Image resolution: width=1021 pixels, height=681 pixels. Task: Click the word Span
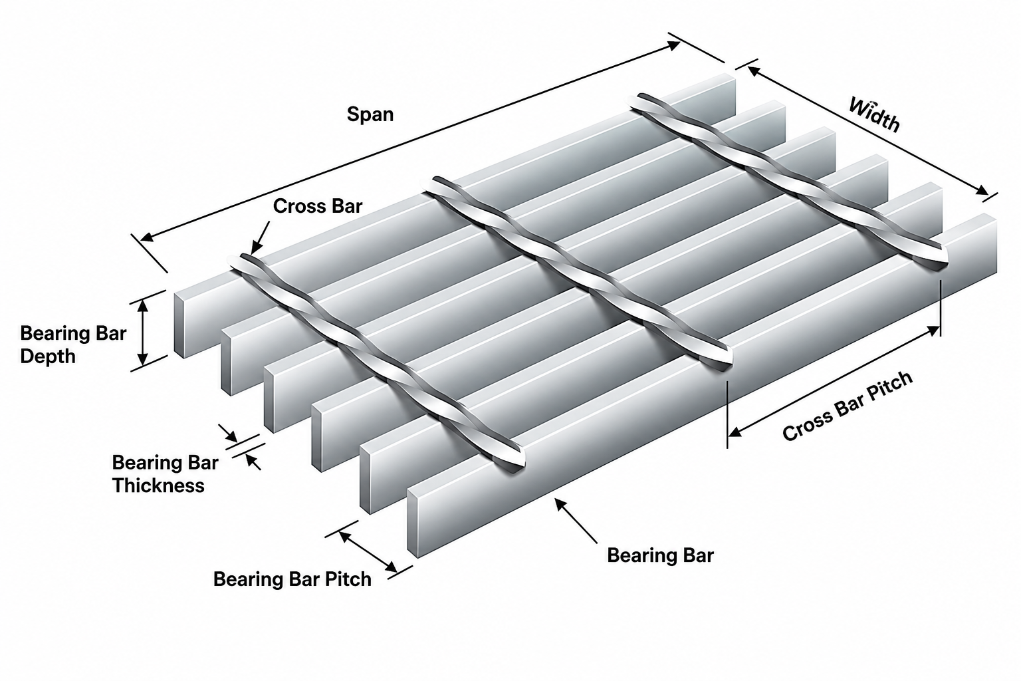pyautogui.click(x=370, y=114)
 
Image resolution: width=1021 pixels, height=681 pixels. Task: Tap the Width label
pyautogui.click(x=874, y=115)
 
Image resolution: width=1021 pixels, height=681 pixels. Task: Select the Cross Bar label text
pyautogui.click(x=317, y=206)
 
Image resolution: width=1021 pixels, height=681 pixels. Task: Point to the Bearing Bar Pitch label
pyautogui.click(x=292, y=579)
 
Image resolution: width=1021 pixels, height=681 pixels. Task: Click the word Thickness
pyautogui.click(x=158, y=485)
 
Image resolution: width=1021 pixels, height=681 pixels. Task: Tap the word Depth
pyautogui.click(x=48, y=356)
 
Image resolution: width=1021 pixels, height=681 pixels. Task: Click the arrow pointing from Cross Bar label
pyautogui.click(x=260, y=237)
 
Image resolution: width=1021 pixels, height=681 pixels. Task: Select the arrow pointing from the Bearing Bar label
pyautogui.click(x=575, y=521)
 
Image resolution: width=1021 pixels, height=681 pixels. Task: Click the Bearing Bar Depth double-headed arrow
pyautogui.click(x=143, y=332)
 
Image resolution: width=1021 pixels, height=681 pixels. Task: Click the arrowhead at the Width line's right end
pyautogui.click(x=982, y=191)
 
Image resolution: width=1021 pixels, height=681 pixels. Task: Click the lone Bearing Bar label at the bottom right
pyautogui.click(x=660, y=555)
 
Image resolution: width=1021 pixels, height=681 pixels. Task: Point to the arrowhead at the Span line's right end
pyautogui.click(x=673, y=45)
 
